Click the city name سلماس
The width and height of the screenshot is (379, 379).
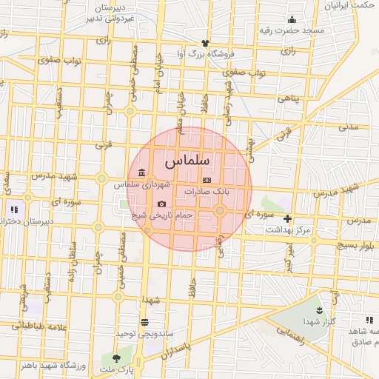click(x=187, y=160)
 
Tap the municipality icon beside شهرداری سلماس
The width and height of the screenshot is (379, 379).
click(x=141, y=172)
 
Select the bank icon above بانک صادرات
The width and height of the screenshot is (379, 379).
click(x=207, y=180)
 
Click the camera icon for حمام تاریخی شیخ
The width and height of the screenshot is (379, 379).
click(x=161, y=204)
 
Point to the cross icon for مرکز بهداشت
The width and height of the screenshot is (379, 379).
click(x=287, y=218)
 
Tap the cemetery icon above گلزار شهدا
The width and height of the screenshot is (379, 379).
click(x=319, y=309)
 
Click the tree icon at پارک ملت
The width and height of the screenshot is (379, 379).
click(x=115, y=358)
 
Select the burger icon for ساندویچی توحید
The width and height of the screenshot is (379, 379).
click(x=144, y=322)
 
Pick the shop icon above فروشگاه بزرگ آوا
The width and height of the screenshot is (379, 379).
click(x=205, y=42)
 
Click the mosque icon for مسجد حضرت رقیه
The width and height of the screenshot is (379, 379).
click(x=292, y=20)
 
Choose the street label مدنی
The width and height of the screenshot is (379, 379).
click(x=348, y=127)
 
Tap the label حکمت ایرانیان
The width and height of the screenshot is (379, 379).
click(x=346, y=5)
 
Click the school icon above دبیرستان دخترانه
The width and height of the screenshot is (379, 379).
click(x=13, y=209)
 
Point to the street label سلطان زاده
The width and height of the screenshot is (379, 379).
click(x=73, y=256)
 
